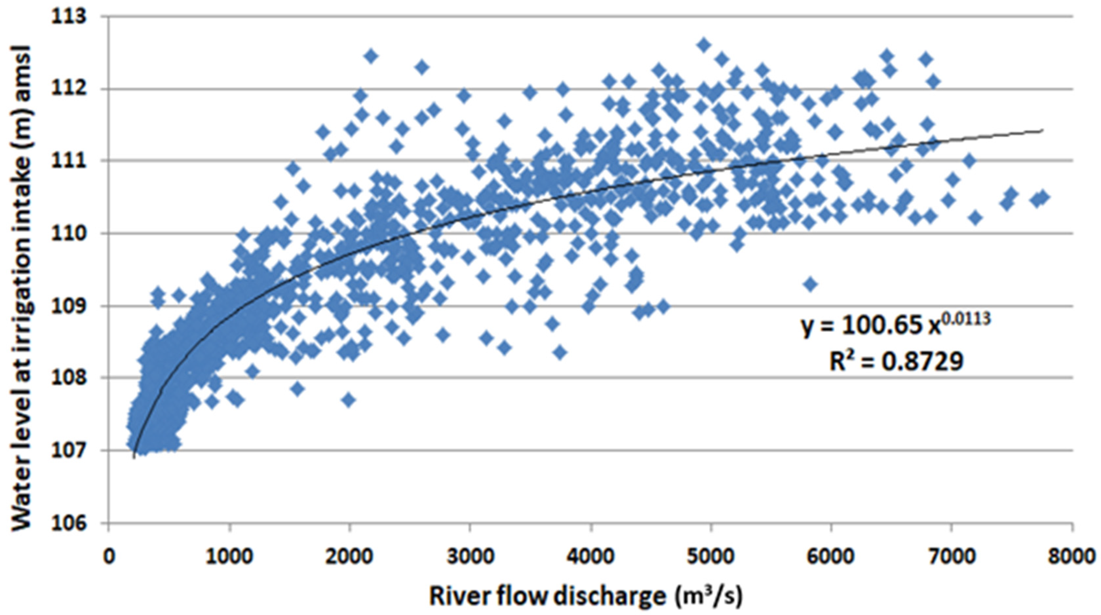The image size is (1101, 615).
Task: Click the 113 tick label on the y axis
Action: coord(68,17)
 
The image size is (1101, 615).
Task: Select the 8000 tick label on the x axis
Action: coord(1072,557)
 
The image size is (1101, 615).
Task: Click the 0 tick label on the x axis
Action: coord(109,557)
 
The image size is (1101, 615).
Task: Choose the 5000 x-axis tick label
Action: coord(710,557)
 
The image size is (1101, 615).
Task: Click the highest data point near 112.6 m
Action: coord(704,45)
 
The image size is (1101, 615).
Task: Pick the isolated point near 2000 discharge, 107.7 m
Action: coord(349,400)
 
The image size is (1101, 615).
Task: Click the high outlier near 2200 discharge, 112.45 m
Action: coord(371,56)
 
